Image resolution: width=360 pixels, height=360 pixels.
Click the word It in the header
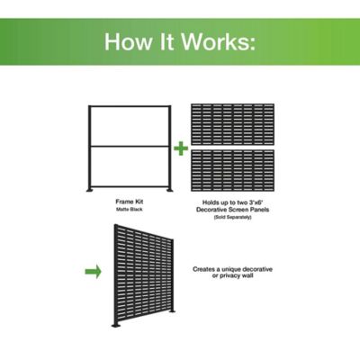click(168, 42)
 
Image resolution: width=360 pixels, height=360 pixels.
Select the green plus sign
click(180, 148)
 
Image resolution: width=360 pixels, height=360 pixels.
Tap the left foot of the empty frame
click(91, 190)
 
